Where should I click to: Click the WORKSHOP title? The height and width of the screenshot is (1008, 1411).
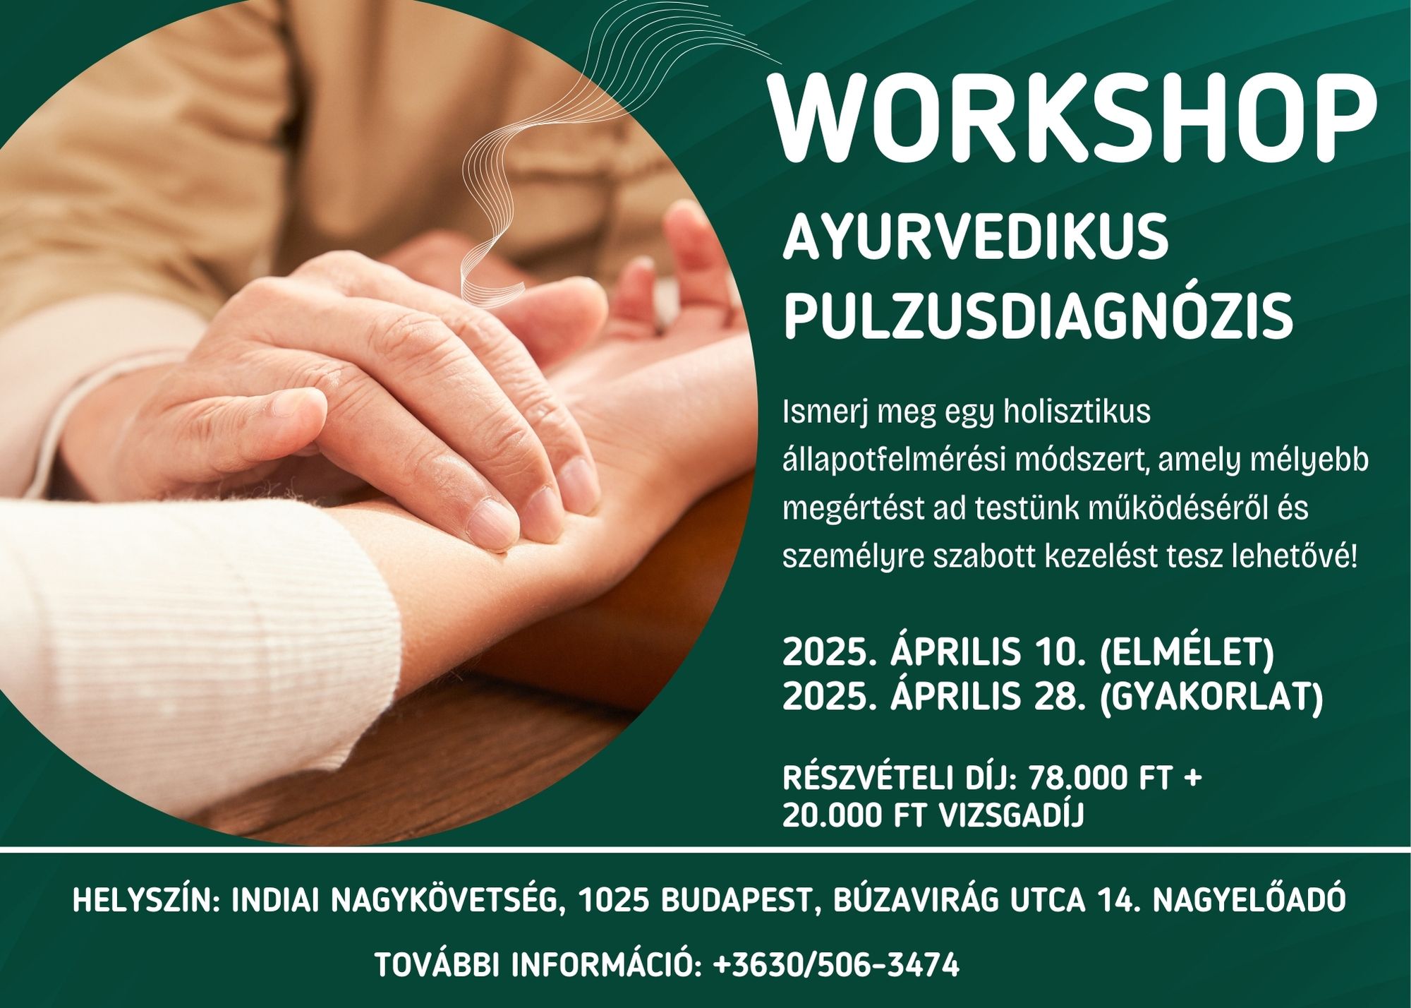click(x=1073, y=116)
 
